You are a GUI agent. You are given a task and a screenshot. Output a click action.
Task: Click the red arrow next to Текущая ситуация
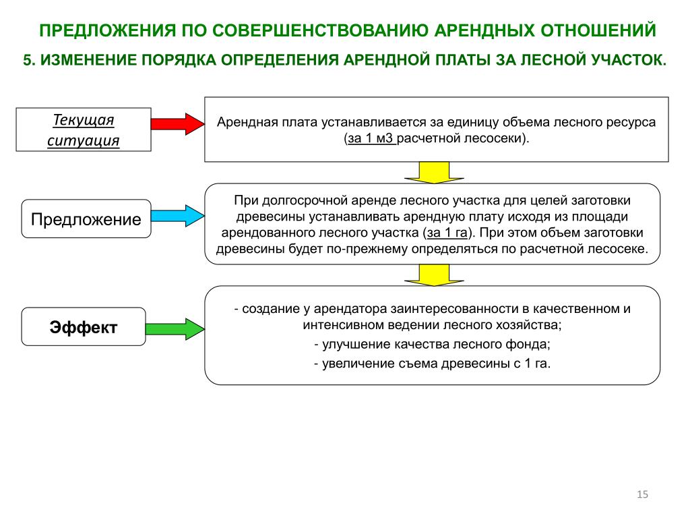(x=178, y=124)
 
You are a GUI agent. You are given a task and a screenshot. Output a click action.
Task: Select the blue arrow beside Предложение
(x=178, y=216)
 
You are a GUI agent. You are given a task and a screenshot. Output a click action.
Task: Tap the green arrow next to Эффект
(x=175, y=329)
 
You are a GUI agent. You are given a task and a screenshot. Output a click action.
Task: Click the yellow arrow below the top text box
(x=434, y=172)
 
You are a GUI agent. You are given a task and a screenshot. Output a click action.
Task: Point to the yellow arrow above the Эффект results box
(x=434, y=275)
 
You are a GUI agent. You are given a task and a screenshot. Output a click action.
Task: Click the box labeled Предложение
(x=86, y=219)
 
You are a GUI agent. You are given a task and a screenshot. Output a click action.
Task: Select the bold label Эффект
(x=84, y=327)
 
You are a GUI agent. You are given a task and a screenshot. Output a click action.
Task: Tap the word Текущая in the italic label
(x=84, y=120)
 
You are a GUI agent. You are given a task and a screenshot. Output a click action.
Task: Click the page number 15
(x=642, y=494)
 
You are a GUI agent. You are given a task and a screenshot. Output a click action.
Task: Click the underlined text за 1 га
(x=447, y=233)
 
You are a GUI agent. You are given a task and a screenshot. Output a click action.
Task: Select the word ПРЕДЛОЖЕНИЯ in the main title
(x=108, y=30)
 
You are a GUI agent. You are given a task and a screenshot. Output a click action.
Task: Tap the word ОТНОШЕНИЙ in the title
(x=598, y=30)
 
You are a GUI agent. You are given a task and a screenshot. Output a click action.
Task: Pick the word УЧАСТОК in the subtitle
(x=629, y=60)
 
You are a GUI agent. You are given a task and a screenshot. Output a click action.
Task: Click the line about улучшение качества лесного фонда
(x=433, y=345)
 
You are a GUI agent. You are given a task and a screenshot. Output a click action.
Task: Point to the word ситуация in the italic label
(x=84, y=140)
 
